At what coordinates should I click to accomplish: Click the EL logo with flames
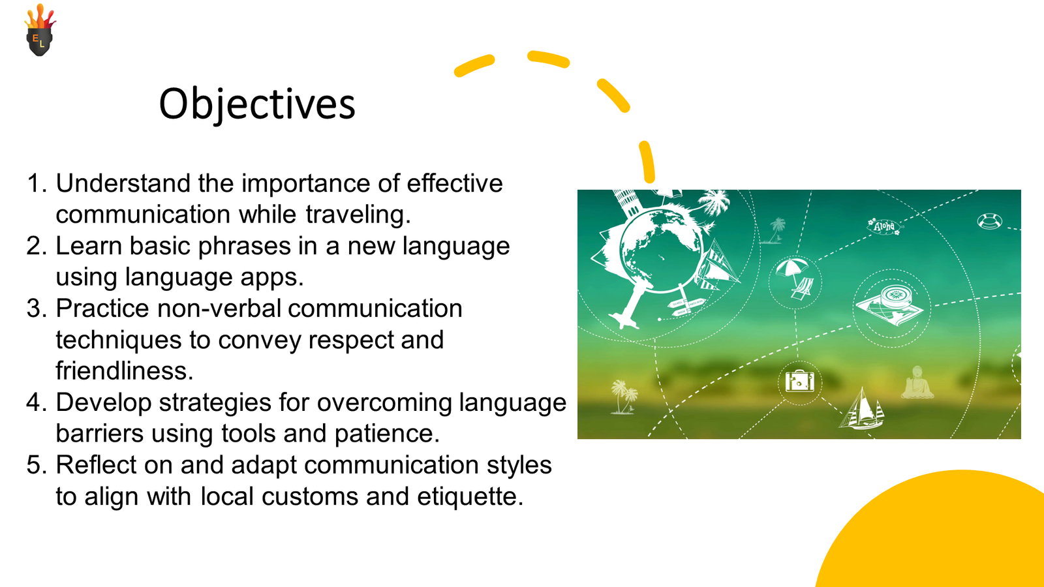(x=40, y=30)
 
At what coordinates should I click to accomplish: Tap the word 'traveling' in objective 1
(x=358, y=215)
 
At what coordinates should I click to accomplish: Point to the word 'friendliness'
(x=125, y=371)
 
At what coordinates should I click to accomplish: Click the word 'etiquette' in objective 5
(x=470, y=496)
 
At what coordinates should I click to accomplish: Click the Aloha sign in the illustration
(x=884, y=226)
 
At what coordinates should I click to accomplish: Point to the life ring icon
(x=989, y=221)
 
